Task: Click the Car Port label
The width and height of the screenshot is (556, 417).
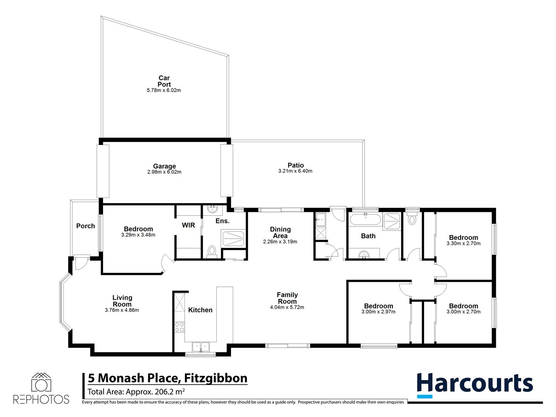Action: pos(164,81)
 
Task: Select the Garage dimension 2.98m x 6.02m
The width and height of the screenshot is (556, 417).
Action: pos(164,172)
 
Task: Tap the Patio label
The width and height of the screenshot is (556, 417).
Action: pos(295,165)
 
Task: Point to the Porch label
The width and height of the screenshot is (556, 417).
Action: pos(85,226)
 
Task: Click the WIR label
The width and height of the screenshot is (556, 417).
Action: pos(188,225)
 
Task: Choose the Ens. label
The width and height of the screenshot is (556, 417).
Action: pos(222,221)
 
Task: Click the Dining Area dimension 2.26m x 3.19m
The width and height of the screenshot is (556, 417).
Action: pos(280,242)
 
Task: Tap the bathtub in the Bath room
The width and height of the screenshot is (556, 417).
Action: pos(365,220)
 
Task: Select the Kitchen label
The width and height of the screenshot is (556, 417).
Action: pos(200,310)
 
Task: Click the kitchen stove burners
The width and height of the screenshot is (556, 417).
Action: pos(180,327)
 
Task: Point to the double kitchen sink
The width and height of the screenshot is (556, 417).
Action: pos(200,347)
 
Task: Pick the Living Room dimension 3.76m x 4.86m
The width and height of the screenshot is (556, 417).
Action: pos(122,310)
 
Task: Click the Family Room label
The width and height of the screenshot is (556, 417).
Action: pos(287,298)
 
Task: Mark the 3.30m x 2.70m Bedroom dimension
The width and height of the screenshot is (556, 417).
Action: pos(463,244)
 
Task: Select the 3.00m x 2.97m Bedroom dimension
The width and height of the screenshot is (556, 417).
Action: pos(378,312)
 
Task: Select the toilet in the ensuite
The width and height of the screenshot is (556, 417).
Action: pos(212,251)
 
